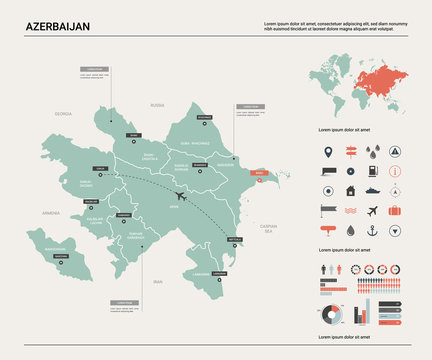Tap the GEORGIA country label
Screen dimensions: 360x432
[64, 114]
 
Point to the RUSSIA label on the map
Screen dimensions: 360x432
[157, 104]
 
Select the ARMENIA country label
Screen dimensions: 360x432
[52, 213]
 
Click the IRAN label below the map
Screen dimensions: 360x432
[157, 283]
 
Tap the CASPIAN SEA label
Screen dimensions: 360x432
[267, 228]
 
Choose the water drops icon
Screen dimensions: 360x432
[372, 153]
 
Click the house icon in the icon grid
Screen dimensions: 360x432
[350, 190]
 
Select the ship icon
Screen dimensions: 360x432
[373, 190]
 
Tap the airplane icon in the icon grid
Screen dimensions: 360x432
[372, 210]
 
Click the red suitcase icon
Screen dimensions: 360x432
[395, 210]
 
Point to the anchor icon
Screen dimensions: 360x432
[372, 229]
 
